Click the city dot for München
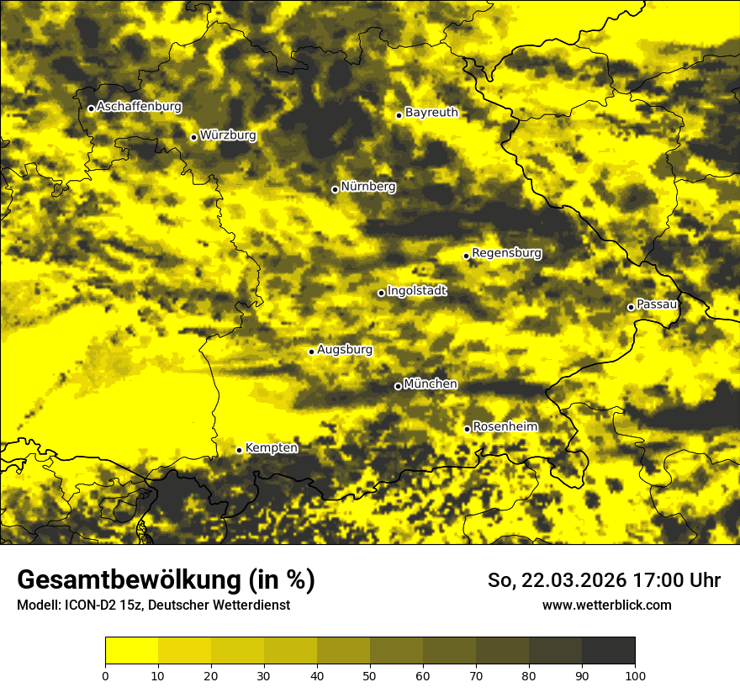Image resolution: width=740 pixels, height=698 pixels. (x=398, y=387)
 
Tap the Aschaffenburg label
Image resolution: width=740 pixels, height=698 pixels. (x=139, y=107)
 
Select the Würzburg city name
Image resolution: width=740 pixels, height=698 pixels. (x=228, y=135)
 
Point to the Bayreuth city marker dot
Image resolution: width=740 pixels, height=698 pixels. (x=399, y=116)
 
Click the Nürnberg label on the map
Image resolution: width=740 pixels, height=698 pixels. (x=368, y=187)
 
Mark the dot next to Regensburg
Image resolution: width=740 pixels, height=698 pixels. (x=466, y=256)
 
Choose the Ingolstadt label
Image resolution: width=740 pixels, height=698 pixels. (x=417, y=291)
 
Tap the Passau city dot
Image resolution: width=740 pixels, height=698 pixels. (x=631, y=307)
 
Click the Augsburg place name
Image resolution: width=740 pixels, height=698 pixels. (x=345, y=350)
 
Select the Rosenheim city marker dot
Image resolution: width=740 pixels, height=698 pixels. (x=467, y=430)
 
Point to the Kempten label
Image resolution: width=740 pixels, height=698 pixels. (x=272, y=448)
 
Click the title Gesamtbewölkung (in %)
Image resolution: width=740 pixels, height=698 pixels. (x=166, y=580)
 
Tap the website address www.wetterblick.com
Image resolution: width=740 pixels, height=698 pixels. (x=606, y=605)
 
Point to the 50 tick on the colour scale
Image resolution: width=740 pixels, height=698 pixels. (x=370, y=675)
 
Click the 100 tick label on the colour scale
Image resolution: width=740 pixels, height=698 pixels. (x=635, y=675)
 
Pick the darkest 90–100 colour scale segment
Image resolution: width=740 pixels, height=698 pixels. (x=608, y=651)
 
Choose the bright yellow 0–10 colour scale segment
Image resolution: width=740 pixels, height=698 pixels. (x=131, y=651)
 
